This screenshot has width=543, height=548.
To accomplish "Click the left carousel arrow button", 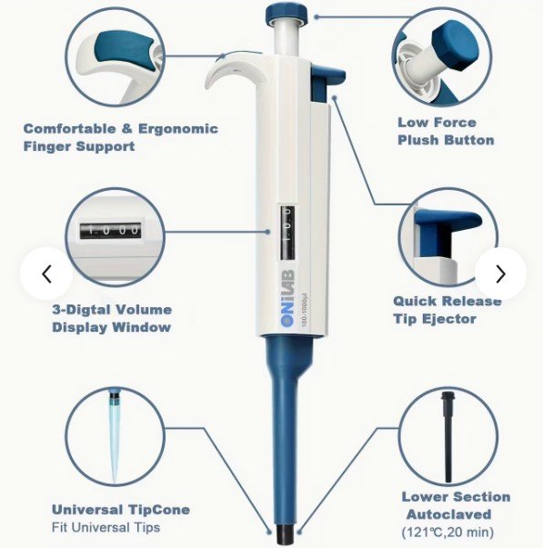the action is (x=46, y=274).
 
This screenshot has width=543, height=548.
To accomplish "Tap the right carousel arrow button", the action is (x=500, y=274).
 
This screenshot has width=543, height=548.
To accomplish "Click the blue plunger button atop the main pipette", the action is (x=287, y=15).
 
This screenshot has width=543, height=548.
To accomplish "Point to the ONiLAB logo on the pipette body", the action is (x=288, y=298).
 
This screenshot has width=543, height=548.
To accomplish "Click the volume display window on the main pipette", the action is (x=287, y=233).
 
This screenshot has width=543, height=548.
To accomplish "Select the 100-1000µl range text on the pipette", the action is (x=304, y=310).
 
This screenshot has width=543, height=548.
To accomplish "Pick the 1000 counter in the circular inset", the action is (x=111, y=231).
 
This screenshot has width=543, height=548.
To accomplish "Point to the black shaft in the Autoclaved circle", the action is (x=447, y=437).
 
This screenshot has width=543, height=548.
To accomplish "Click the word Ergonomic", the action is (x=178, y=128).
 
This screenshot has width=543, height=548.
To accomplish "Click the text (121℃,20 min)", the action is (x=448, y=533).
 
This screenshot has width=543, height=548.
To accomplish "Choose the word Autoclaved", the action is (x=449, y=514).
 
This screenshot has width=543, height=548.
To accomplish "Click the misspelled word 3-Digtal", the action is (x=82, y=310).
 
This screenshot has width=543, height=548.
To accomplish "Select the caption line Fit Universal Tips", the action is (x=106, y=527).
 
